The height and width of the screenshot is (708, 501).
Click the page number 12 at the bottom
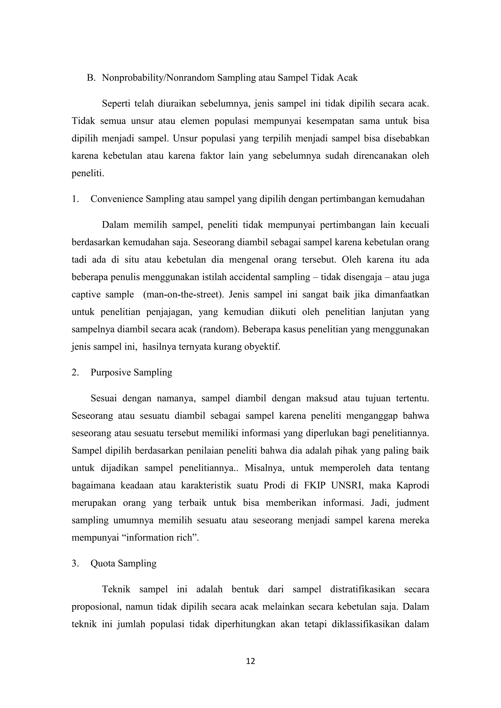click(250, 661)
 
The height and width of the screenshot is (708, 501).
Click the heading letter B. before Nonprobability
click(91, 78)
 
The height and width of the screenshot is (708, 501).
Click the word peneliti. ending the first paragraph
click(88, 173)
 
